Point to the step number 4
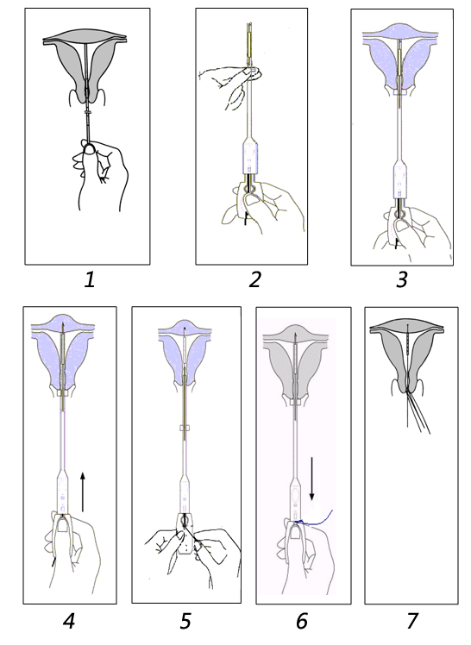pyautogui.click(x=69, y=621)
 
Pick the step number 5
pyautogui.click(x=186, y=621)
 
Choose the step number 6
pyautogui.click(x=302, y=621)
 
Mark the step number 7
pyautogui.click(x=411, y=621)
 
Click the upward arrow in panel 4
pyautogui.click(x=83, y=492)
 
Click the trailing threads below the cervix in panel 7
pyautogui.click(x=418, y=411)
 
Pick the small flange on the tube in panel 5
pyautogui.click(x=184, y=429)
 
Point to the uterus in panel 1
pyautogui.click(x=85, y=66)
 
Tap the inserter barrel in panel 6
pyautogui.click(x=296, y=498)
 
